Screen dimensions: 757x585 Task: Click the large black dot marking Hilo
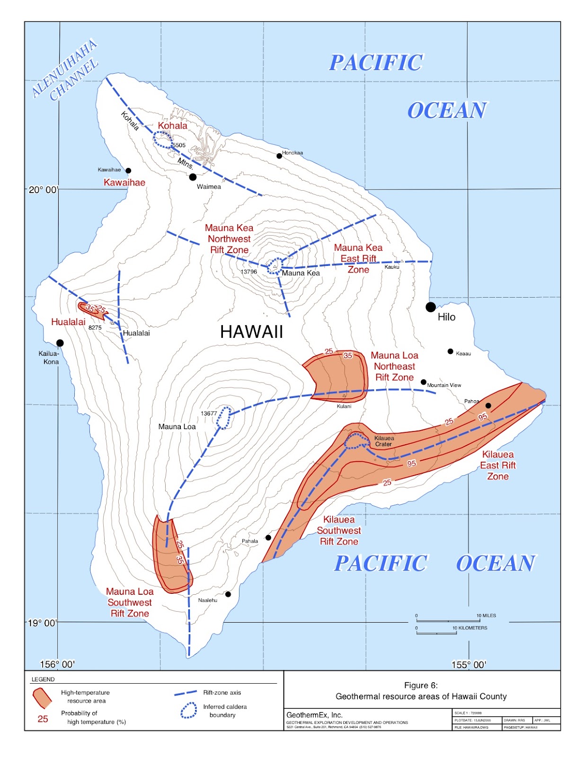[x=430, y=307]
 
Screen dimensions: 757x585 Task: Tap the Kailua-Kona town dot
[x=60, y=343]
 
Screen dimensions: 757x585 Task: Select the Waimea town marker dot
[x=193, y=177]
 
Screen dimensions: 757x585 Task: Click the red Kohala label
[x=172, y=125]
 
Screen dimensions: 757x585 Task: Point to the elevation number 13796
[x=249, y=272]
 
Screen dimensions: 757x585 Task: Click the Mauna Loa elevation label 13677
[x=209, y=413]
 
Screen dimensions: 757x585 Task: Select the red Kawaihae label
[x=124, y=183]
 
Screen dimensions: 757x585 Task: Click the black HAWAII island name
[x=251, y=332]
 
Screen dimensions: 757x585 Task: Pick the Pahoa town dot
[x=488, y=405]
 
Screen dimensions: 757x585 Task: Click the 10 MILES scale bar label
[x=486, y=616]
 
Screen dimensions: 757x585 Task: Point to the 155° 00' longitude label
[x=468, y=665]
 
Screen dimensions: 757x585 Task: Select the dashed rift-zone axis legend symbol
[x=186, y=693]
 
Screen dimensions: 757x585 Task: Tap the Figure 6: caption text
[x=421, y=685]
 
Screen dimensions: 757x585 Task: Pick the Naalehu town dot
[x=228, y=594]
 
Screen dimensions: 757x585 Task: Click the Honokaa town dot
[x=279, y=156]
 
